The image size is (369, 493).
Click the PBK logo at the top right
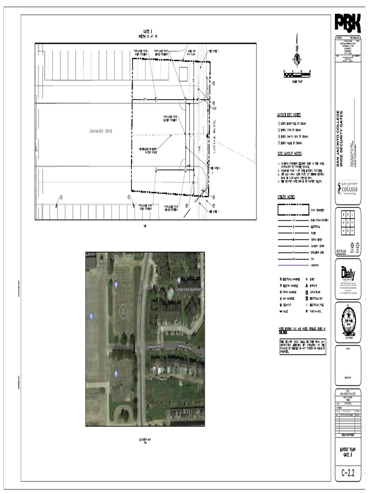tap(347, 24)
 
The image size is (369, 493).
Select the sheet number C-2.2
tap(348, 473)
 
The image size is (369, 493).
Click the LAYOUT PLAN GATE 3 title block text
tap(348, 452)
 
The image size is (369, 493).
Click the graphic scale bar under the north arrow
tap(297, 74)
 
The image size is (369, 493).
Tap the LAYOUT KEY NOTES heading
tap(289, 115)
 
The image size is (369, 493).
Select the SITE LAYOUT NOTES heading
tap(289, 153)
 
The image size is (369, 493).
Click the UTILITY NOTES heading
tap(286, 197)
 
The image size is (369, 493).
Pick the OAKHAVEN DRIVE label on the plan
tap(100, 131)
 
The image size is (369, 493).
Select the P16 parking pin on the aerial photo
tap(116, 374)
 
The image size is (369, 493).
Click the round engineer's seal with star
tap(348, 321)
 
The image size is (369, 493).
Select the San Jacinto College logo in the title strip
tap(348, 188)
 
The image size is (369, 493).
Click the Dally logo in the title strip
tap(348, 274)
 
